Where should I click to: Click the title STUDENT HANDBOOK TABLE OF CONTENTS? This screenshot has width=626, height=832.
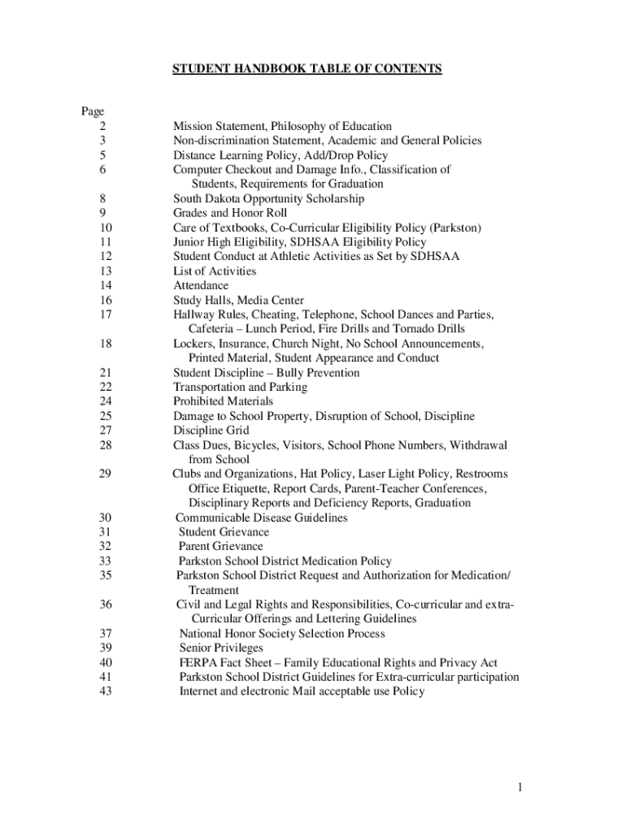[x=306, y=69]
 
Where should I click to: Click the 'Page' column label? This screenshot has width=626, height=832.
[x=92, y=111]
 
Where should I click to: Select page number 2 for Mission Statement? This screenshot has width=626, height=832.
[x=102, y=126]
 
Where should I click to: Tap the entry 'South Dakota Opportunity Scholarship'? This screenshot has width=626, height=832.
[x=268, y=198]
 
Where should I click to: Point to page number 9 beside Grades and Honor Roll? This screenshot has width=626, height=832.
[x=102, y=213]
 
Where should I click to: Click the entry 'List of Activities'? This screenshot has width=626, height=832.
[x=214, y=271]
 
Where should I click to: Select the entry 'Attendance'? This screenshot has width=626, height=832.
[x=200, y=286]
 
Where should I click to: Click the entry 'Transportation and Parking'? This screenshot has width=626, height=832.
[x=240, y=387]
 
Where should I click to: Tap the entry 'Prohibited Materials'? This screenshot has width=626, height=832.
[x=223, y=401]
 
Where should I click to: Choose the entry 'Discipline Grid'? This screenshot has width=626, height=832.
[x=211, y=431]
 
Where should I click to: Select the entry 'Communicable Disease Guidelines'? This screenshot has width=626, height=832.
[x=261, y=518]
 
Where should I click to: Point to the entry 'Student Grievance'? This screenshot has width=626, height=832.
[x=224, y=532]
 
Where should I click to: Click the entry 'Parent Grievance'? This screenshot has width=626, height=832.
[x=220, y=547]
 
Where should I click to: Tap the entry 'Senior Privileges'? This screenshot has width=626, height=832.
[x=221, y=648]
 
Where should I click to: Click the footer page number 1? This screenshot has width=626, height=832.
[x=528, y=787]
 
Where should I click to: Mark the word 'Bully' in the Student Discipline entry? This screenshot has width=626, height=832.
[x=293, y=373]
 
